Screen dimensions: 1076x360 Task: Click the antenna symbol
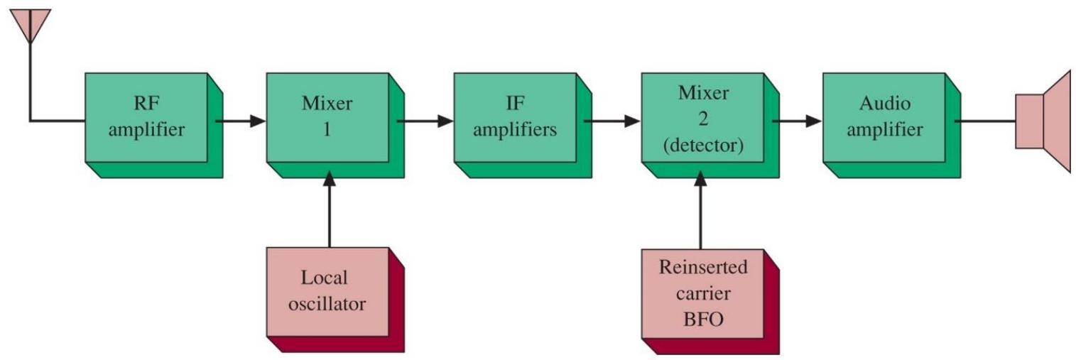(31, 26)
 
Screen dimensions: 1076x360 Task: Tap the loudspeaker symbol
(1043, 121)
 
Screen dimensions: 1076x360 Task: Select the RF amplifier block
(153, 125)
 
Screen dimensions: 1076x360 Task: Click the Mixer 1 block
(335, 125)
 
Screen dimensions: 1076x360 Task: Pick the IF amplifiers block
(523, 125)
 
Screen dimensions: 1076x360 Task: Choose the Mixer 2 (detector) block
(710, 125)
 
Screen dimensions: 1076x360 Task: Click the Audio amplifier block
(891, 125)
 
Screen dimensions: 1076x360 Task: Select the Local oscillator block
(335, 300)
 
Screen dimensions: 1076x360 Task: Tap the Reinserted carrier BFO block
(710, 302)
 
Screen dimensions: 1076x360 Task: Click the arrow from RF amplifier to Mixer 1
(240, 121)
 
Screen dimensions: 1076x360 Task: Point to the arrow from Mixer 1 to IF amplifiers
(425, 121)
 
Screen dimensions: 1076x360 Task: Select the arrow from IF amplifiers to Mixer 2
(612, 121)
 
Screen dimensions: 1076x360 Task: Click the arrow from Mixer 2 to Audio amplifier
(797, 121)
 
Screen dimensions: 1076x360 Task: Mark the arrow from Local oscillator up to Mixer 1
(329, 209)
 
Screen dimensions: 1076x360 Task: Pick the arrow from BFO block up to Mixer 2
(700, 210)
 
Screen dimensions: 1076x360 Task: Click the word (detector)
(703, 146)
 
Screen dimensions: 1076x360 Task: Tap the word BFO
(703, 320)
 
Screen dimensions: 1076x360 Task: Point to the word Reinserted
(703, 267)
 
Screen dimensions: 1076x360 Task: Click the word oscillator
(327, 304)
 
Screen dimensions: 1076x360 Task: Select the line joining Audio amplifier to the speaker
(984, 121)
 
